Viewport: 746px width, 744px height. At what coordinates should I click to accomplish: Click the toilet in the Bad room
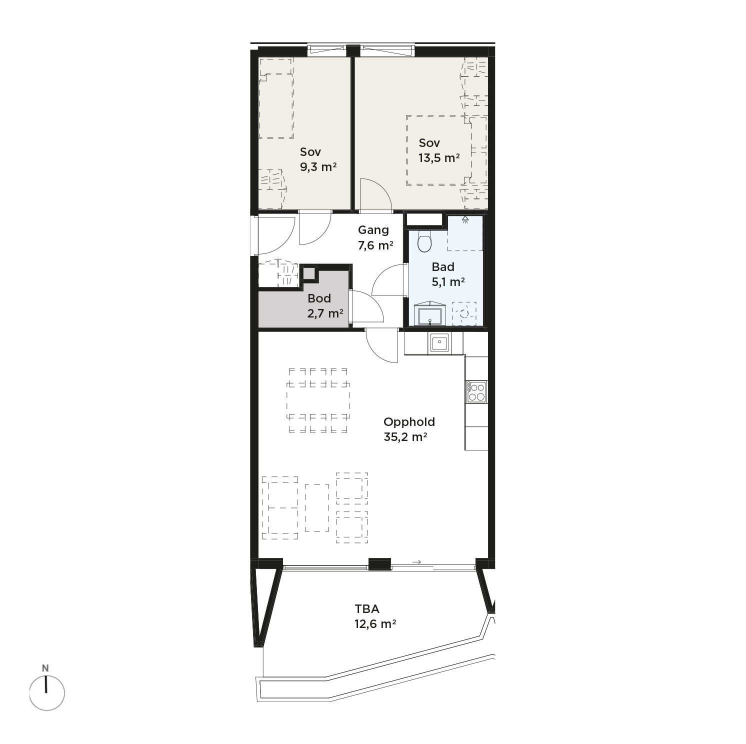point(424,241)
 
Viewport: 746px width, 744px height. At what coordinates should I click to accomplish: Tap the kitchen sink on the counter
point(439,343)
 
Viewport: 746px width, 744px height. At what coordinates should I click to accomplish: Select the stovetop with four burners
point(476,391)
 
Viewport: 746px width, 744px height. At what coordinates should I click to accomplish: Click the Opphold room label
point(409,422)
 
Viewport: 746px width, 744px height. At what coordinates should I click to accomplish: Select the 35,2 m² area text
point(405,436)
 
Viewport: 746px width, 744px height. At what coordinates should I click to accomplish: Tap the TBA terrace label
point(367,609)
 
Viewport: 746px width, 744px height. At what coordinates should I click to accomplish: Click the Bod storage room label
point(319,298)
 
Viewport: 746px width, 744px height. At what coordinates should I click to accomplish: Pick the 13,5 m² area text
point(439,158)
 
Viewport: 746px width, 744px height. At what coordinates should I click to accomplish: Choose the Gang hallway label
point(373,230)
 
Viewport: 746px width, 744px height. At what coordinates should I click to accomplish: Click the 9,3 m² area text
point(318,167)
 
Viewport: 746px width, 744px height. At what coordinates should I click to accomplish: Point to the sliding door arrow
point(416,562)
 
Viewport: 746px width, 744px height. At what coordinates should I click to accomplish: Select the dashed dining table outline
point(318,401)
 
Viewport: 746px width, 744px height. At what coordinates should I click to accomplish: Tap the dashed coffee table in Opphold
point(317,507)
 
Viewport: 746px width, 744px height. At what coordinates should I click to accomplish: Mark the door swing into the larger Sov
point(375,194)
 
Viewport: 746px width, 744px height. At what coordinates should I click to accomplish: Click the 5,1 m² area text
point(448,282)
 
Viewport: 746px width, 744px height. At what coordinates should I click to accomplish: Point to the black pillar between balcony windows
point(379,564)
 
